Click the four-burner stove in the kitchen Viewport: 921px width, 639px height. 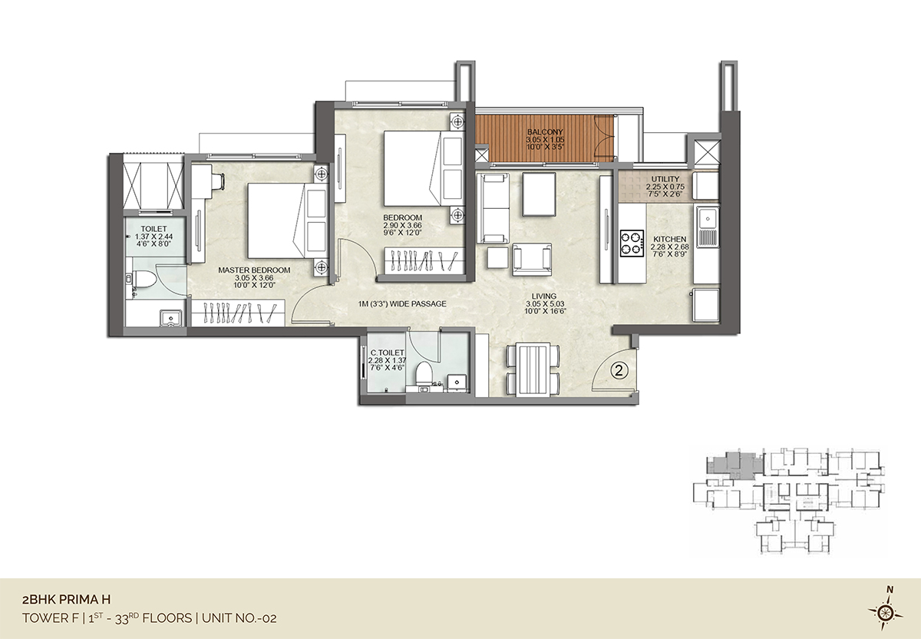click(x=632, y=244)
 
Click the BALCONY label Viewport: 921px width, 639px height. click(x=545, y=131)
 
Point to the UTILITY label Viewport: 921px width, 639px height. click(x=665, y=179)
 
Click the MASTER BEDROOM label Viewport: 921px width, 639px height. click(x=254, y=270)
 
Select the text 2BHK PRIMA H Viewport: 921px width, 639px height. click(x=66, y=600)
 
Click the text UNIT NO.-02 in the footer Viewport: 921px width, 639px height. click(x=239, y=618)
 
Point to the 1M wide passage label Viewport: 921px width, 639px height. click(x=401, y=303)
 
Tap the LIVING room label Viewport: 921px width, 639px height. click(x=544, y=296)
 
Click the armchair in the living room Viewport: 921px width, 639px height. click(x=532, y=260)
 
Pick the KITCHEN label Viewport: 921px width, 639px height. click(x=670, y=239)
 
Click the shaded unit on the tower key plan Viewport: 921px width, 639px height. click(x=735, y=463)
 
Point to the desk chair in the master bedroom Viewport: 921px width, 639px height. click(x=218, y=181)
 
